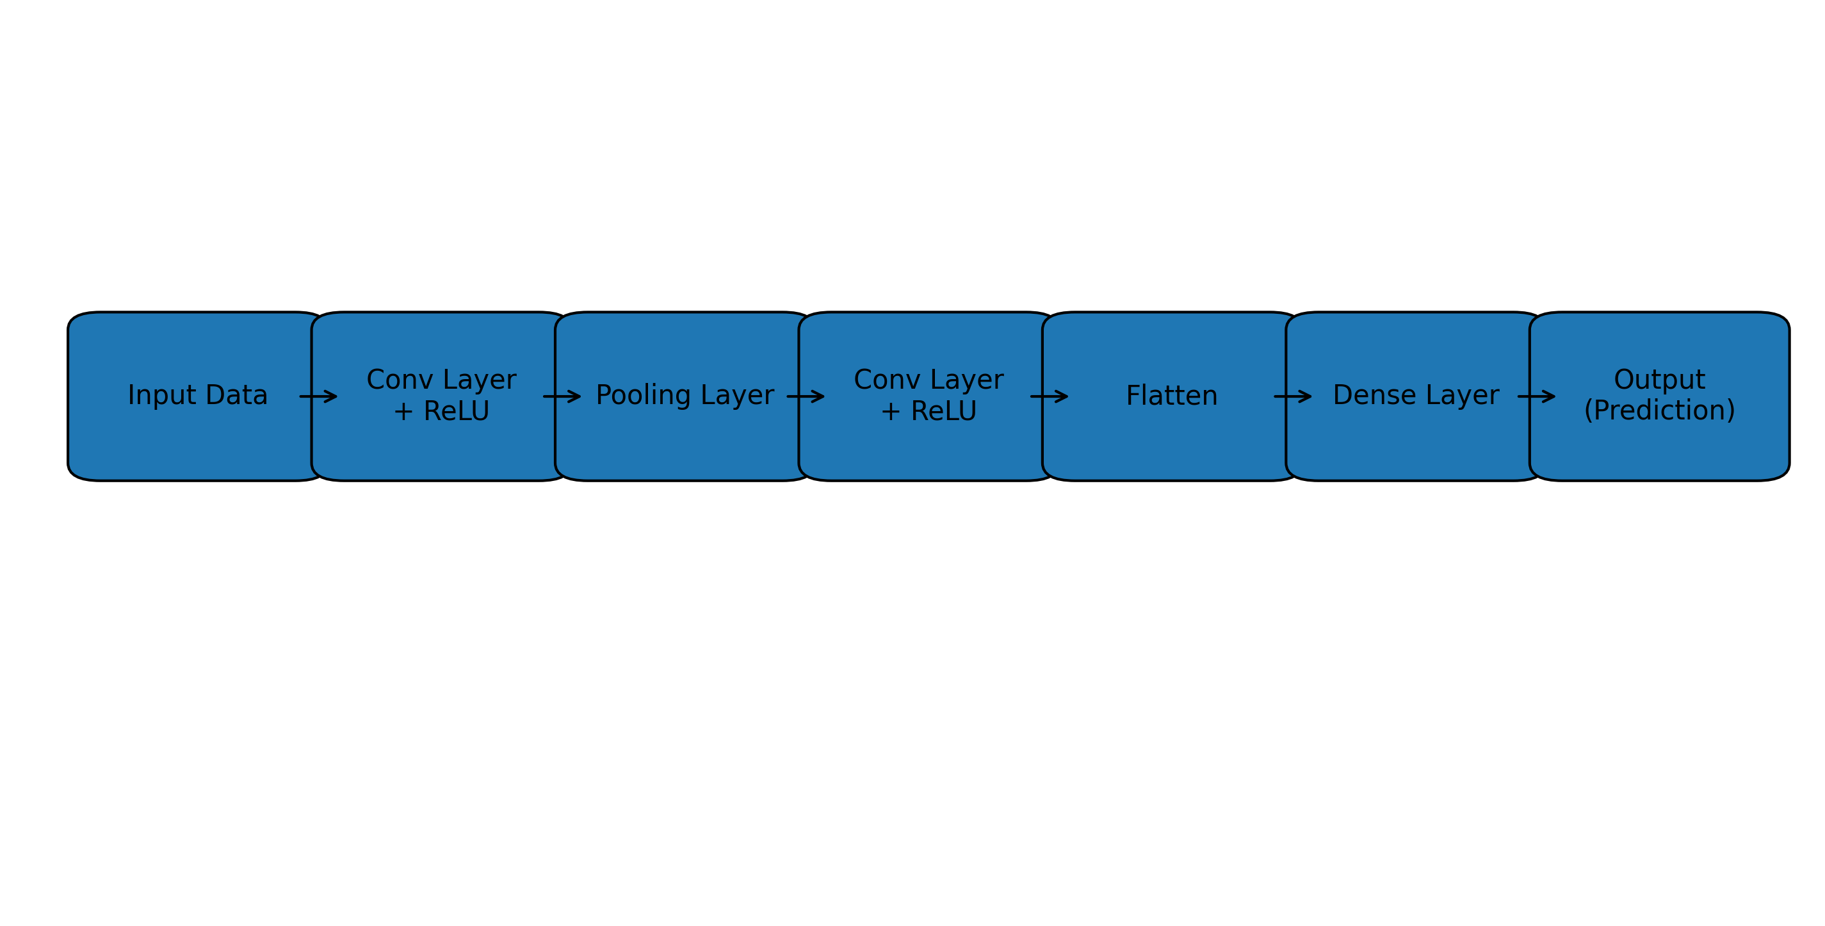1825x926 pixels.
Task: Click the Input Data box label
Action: tap(198, 395)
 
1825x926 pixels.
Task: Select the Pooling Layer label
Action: tap(685, 395)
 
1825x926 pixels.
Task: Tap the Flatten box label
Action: tap(1172, 395)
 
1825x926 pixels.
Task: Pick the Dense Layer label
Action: tap(1416, 395)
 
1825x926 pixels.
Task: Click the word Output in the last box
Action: tap(1659, 380)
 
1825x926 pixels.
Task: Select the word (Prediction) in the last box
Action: tap(1659, 410)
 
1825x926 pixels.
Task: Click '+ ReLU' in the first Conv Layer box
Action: tap(441, 411)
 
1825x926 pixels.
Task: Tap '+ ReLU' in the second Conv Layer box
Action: tap(929, 411)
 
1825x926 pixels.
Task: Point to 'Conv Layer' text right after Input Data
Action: tap(441, 380)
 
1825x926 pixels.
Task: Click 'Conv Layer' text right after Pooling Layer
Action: tap(929, 380)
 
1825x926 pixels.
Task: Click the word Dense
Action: tap(1374, 395)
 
